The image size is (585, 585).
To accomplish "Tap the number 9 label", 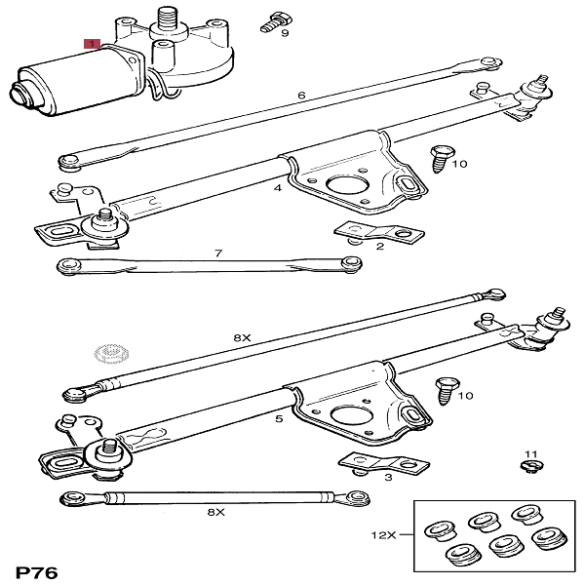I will click(285, 33).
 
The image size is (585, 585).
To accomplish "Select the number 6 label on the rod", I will click(301, 96).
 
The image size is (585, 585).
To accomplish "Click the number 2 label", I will click(379, 247).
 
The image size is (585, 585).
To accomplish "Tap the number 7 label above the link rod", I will click(218, 253).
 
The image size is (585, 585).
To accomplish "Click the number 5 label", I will click(279, 419).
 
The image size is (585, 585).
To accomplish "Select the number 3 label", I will click(388, 477).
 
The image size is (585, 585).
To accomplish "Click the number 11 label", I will click(530, 454).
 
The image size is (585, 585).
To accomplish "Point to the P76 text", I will click(36, 569).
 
